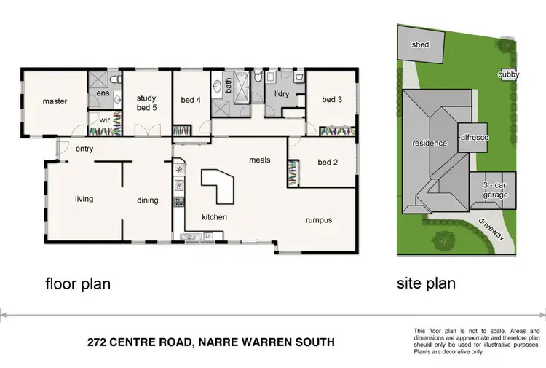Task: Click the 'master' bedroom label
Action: [x=55, y=101]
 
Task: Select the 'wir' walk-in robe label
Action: [x=104, y=120]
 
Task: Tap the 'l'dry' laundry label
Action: [x=282, y=94]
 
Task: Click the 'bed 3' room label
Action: [x=330, y=100]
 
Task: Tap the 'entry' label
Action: [x=84, y=149]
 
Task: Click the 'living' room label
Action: [x=84, y=199]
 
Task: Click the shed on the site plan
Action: [x=420, y=44]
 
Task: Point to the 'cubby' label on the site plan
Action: [x=508, y=74]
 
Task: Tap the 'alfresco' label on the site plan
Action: [x=473, y=137]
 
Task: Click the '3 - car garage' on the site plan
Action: [x=495, y=191]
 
